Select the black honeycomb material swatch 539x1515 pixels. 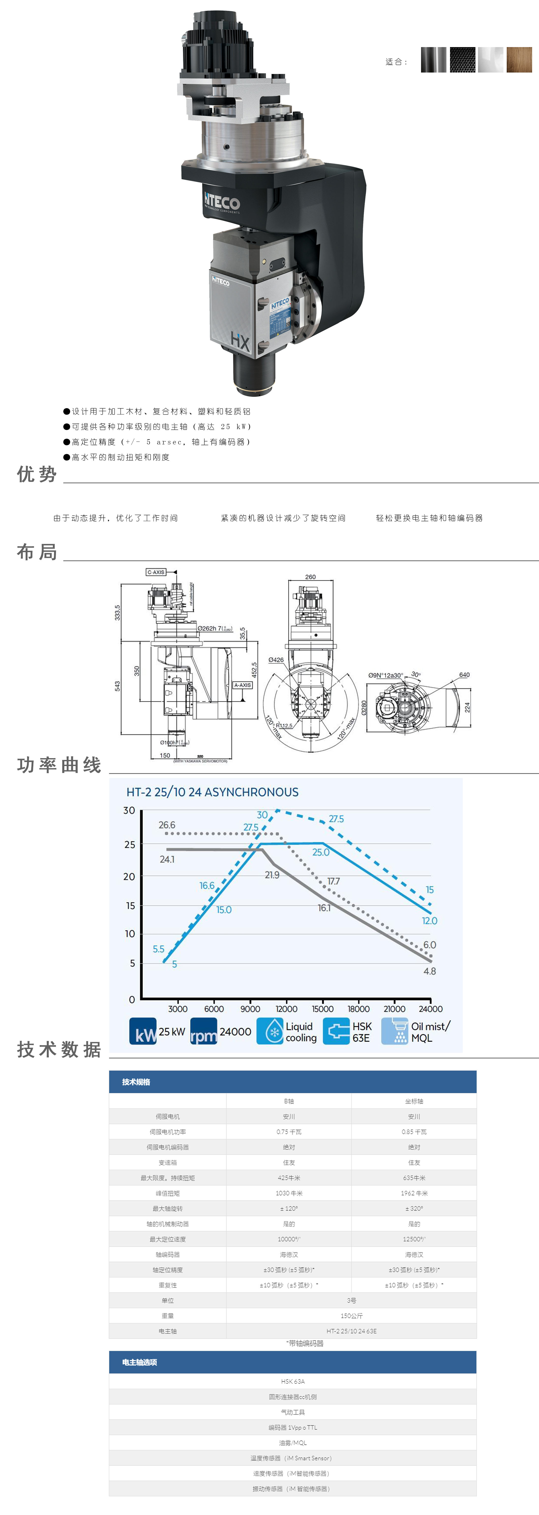coord(462,60)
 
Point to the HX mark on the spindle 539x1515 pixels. coord(240,341)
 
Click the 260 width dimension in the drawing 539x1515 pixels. coord(310,577)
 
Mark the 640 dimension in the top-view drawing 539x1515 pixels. coord(464,675)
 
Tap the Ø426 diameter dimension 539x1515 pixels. coord(276,660)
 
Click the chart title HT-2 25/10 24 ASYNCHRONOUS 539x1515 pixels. coord(212,792)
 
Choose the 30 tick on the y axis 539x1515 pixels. coord(129,810)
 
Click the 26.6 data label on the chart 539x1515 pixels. coord(167,825)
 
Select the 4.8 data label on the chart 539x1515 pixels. coord(430,971)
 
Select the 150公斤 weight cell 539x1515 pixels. coord(352,1316)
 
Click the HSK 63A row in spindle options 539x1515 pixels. coord(293,1381)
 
